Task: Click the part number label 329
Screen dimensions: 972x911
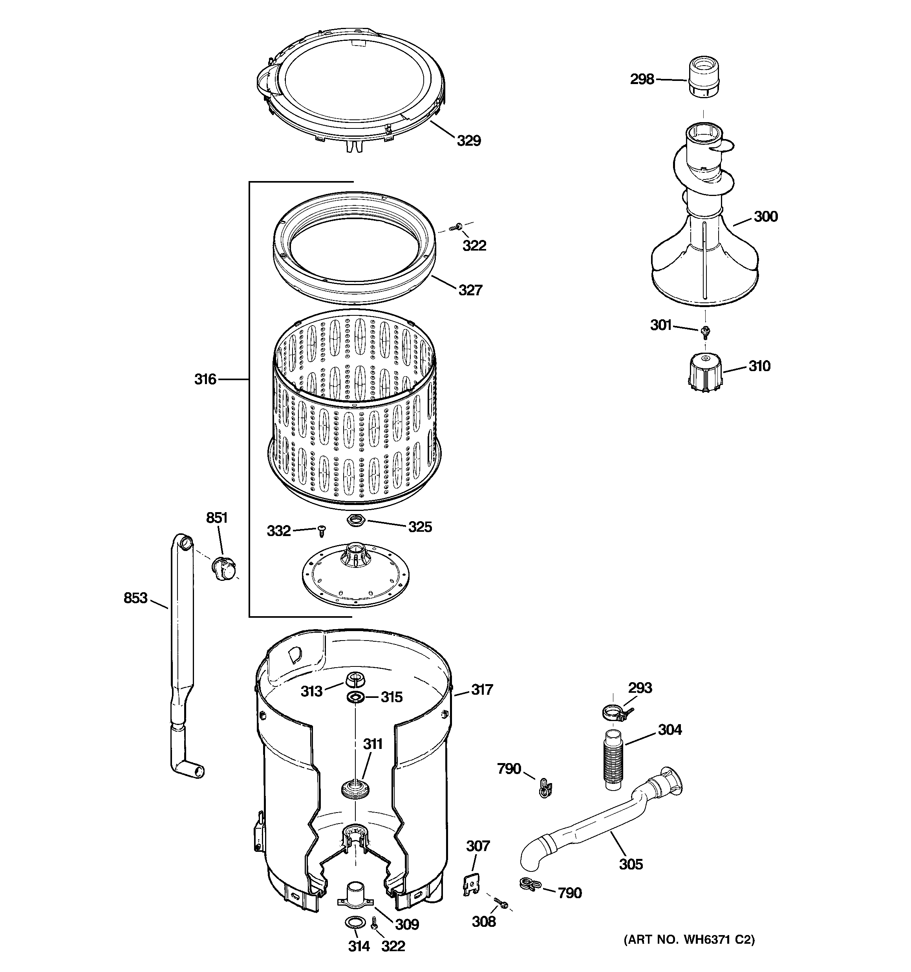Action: pyautogui.click(x=468, y=141)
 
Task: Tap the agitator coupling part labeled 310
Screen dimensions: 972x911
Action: pyautogui.click(x=704, y=373)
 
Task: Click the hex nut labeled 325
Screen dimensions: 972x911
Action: pyautogui.click(x=355, y=520)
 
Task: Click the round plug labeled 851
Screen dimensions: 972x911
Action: pyautogui.click(x=224, y=567)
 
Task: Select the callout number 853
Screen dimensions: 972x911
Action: pyautogui.click(x=135, y=598)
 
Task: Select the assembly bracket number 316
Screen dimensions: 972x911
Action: pyautogui.click(x=205, y=379)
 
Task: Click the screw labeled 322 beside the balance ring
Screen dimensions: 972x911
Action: pyautogui.click(x=458, y=226)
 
